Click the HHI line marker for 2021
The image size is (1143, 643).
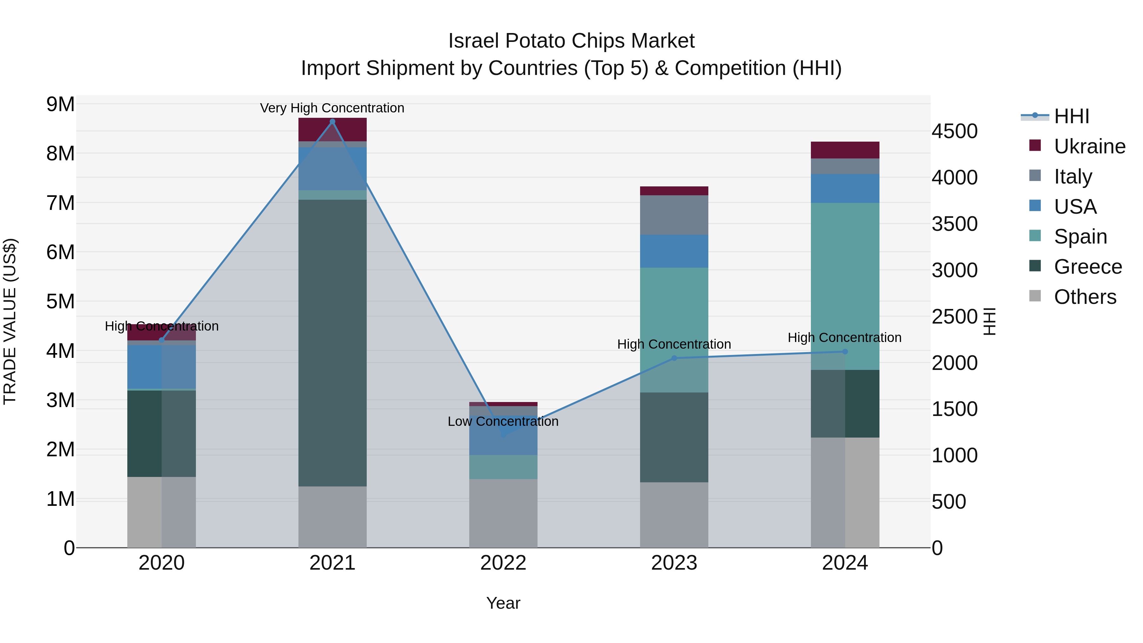332,122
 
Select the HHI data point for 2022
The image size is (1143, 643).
503,435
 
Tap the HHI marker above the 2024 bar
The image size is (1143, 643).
845,352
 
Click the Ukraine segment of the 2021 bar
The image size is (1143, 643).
332,130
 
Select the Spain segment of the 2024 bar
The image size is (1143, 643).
845,284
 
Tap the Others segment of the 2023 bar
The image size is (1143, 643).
674,515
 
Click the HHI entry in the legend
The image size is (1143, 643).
1071,116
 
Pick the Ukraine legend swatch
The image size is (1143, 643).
1035,145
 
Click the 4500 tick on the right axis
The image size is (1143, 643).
954,131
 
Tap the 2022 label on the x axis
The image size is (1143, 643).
503,563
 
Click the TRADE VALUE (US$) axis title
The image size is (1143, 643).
10,321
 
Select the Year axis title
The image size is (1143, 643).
503,603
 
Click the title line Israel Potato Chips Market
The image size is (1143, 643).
571,41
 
